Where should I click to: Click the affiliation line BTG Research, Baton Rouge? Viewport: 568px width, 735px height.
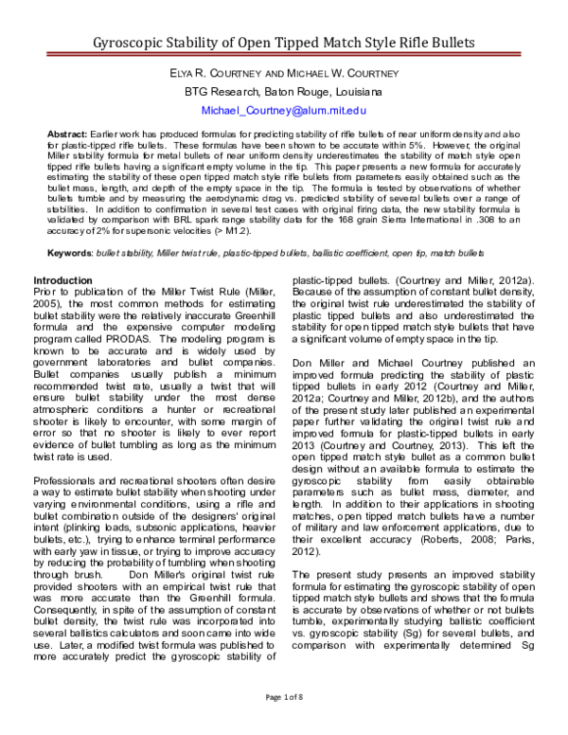tap(284, 92)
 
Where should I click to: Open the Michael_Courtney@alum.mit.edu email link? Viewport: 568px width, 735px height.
tap(284, 111)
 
